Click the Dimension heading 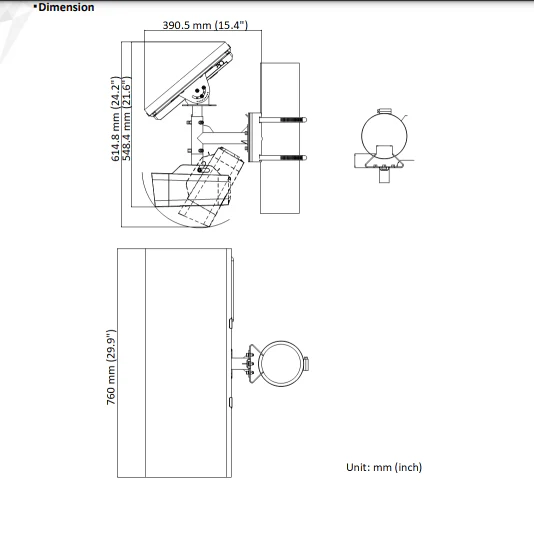pyautogui.click(x=66, y=7)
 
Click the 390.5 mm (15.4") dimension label pyautogui.click(x=205, y=25)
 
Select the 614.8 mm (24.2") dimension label pyautogui.click(x=115, y=119)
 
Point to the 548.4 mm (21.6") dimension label pyautogui.click(x=126, y=119)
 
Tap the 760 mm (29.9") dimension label pyautogui.click(x=111, y=367)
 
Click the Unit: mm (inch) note pyautogui.click(x=384, y=467)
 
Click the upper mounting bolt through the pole pyautogui.click(x=283, y=120)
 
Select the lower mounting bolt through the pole pyautogui.click(x=283, y=158)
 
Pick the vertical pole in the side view pyautogui.click(x=280, y=138)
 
